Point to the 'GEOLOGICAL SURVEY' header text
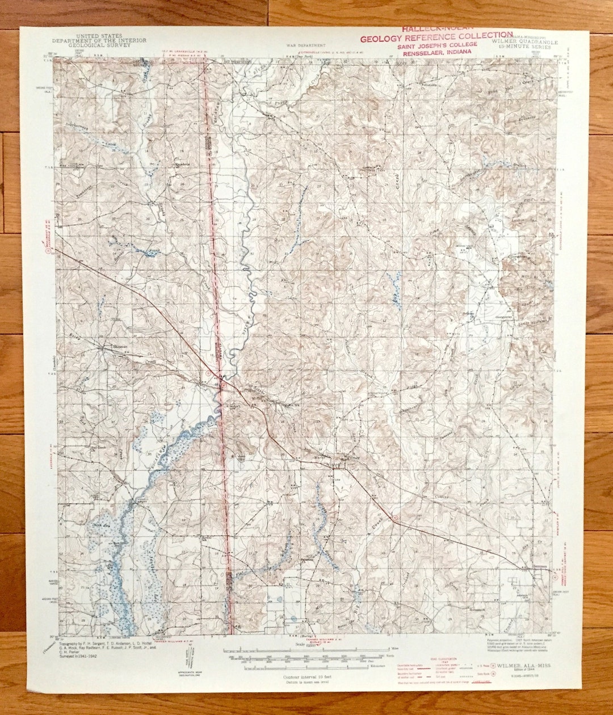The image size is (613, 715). (99, 45)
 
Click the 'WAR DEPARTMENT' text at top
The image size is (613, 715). (306, 44)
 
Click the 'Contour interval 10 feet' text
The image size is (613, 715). (307, 676)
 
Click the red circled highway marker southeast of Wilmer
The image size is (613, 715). (395, 518)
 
